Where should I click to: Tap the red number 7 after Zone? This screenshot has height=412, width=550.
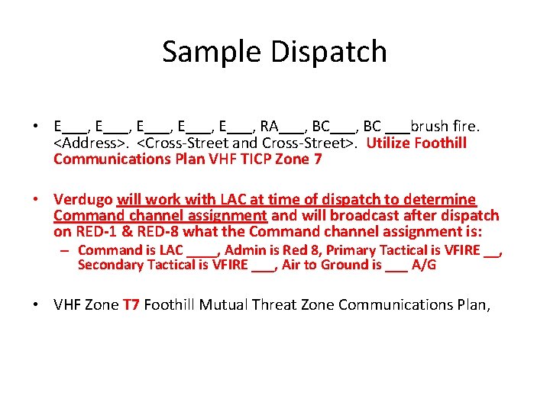click(x=318, y=159)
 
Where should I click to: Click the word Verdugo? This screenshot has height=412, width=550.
click(x=83, y=199)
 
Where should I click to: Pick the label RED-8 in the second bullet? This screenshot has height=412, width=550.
click(x=156, y=231)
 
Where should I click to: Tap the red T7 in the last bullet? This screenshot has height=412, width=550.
click(x=131, y=304)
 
